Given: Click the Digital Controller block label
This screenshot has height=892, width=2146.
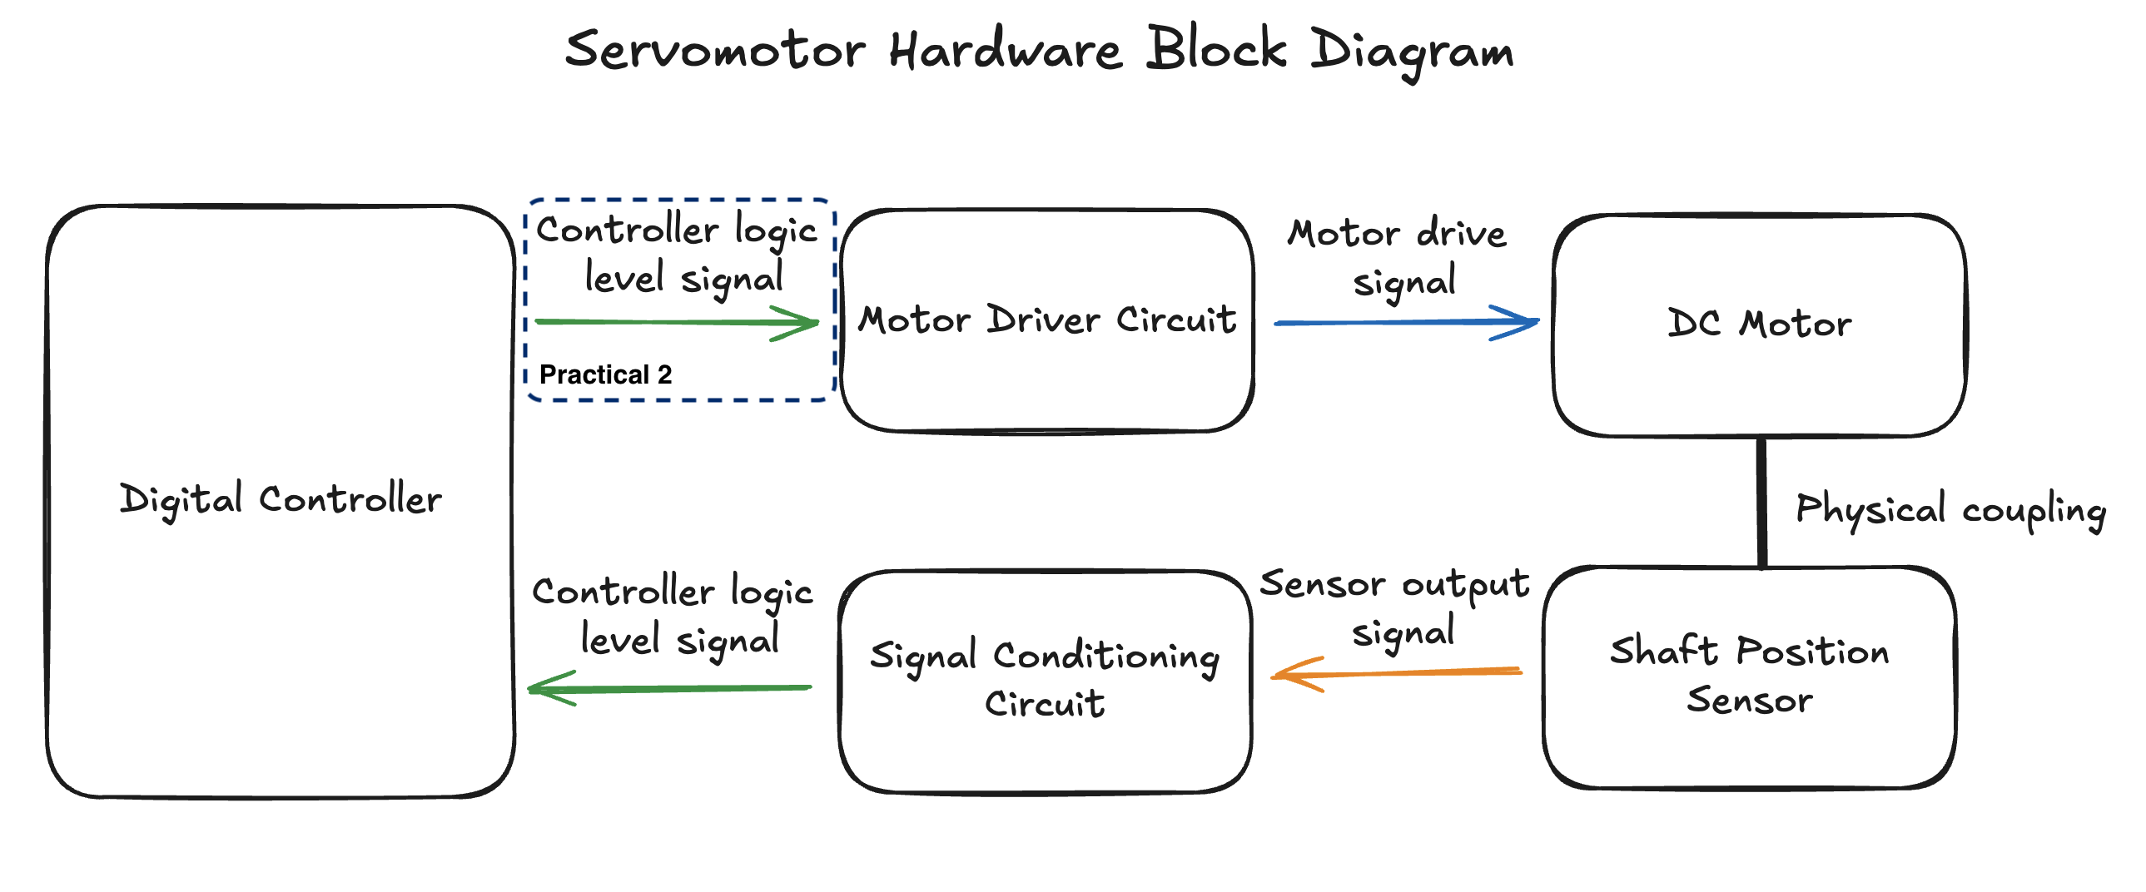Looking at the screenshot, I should point(281,500).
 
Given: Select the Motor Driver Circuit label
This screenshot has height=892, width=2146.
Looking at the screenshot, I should point(1047,320).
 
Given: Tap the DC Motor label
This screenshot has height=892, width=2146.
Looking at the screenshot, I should point(1760,324).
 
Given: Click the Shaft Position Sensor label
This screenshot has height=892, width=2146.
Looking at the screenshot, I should point(1750,675).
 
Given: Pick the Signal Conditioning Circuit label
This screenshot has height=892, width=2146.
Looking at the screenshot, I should point(1045,679).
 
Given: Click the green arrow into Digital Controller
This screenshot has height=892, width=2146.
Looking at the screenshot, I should point(670,689).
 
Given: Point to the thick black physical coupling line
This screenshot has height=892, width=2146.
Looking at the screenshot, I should point(1762,503).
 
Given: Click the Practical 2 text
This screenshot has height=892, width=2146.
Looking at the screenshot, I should point(606,374).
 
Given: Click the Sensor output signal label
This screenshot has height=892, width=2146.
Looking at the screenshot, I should point(1395,607).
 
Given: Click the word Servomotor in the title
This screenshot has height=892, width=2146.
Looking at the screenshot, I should point(715,50).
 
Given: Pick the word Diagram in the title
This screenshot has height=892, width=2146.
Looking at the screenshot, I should point(1412,52).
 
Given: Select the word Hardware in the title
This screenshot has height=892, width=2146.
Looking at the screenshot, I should point(1006,50).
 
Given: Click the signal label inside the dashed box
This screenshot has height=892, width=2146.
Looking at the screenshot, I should point(678,253).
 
